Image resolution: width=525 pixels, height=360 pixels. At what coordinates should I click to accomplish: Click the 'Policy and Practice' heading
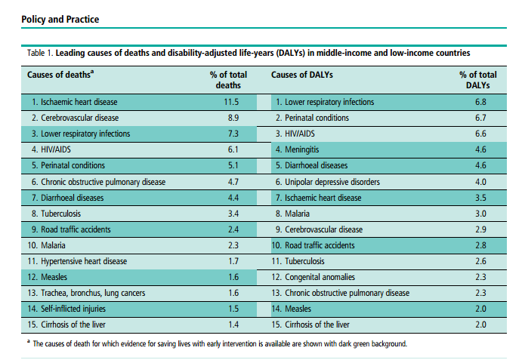tap(60, 18)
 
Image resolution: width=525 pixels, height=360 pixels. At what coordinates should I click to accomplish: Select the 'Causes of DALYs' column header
tap(302, 75)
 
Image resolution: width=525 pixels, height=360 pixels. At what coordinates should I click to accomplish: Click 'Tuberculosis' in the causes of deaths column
tap(60, 214)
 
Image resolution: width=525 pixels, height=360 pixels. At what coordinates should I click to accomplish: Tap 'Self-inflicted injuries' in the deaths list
tap(73, 309)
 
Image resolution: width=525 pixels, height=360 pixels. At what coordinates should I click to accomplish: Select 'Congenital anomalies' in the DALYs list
tap(317, 277)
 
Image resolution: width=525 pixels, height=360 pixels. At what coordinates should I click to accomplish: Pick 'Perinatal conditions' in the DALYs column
tap(316, 118)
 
